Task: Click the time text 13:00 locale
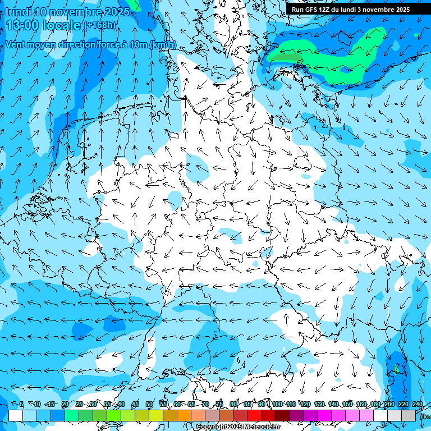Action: (44, 25)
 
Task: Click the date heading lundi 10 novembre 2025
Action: (67, 12)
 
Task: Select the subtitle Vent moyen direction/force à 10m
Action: (90, 45)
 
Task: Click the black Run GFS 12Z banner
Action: (351, 10)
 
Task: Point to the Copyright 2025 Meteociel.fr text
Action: (238, 427)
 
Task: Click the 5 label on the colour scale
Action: (21, 405)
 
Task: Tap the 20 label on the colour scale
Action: (65, 405)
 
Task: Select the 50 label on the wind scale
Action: (149, 405)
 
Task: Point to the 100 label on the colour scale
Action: (277, 405)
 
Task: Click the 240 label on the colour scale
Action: (417, 405)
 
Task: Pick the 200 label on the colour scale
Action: (388, 405)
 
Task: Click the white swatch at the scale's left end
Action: (16, 415)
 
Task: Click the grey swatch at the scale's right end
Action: (409, 415)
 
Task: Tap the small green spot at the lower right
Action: (396, 369)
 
